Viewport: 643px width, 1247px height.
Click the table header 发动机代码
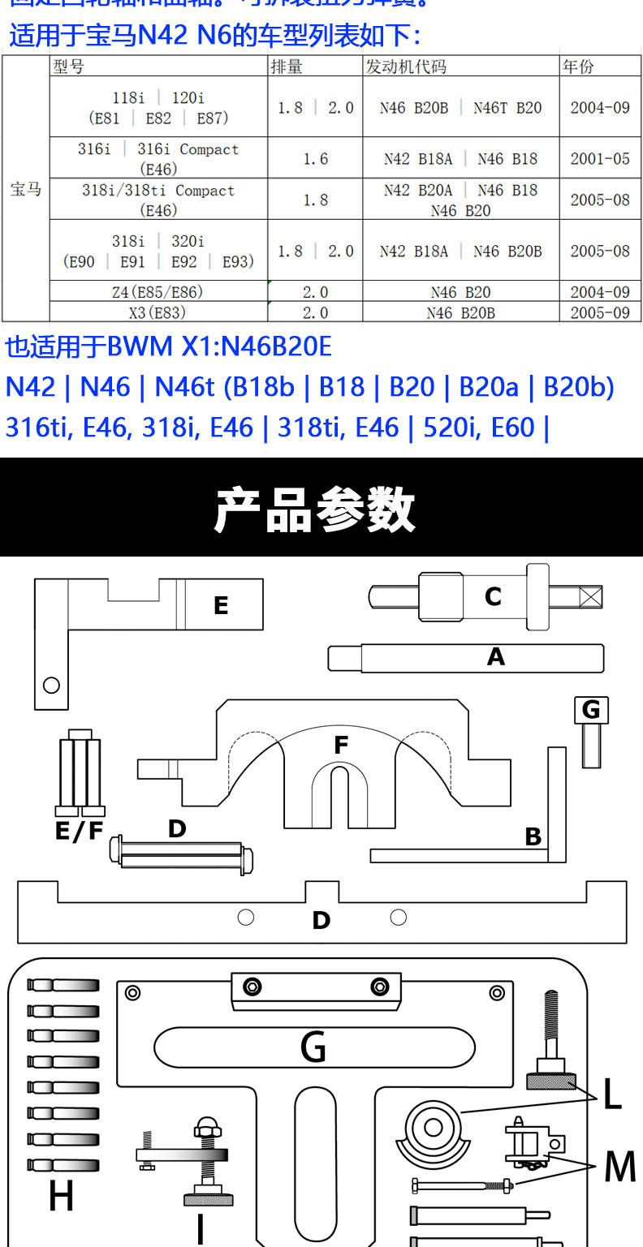(x=406, y=67)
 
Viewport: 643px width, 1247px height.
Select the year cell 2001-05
(x=599, y=158)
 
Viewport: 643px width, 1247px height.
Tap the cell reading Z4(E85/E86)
(x=158, y=292)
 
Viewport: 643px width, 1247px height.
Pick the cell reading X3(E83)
(x=158, y=312)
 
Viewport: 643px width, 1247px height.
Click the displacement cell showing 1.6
(x=315, y=158)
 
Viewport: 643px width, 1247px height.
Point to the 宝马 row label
(x=25, y=190)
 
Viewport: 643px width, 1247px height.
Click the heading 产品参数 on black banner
(x=315, y=509)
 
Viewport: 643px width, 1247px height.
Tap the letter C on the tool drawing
(x=493, y=597)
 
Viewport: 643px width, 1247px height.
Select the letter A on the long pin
(x=495, y=657)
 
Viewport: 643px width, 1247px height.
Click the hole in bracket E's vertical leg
(x=51, y=685)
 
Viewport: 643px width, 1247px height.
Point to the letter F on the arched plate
(x=341, y=745)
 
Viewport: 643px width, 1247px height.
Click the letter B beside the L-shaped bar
(x=533, y=836)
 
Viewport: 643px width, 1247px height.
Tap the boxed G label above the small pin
(x=590, y=710)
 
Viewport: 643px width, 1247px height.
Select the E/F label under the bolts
(x=79, y=831)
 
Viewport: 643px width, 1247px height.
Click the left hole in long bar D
(x=246, y=917)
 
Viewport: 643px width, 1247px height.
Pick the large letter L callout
(x=611, y=1095)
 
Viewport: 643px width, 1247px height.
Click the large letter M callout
(x=620, y=1167)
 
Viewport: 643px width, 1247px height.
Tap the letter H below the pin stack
(x=61, y=1197)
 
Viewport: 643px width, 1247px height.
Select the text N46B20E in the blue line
(x=276, y=346)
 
